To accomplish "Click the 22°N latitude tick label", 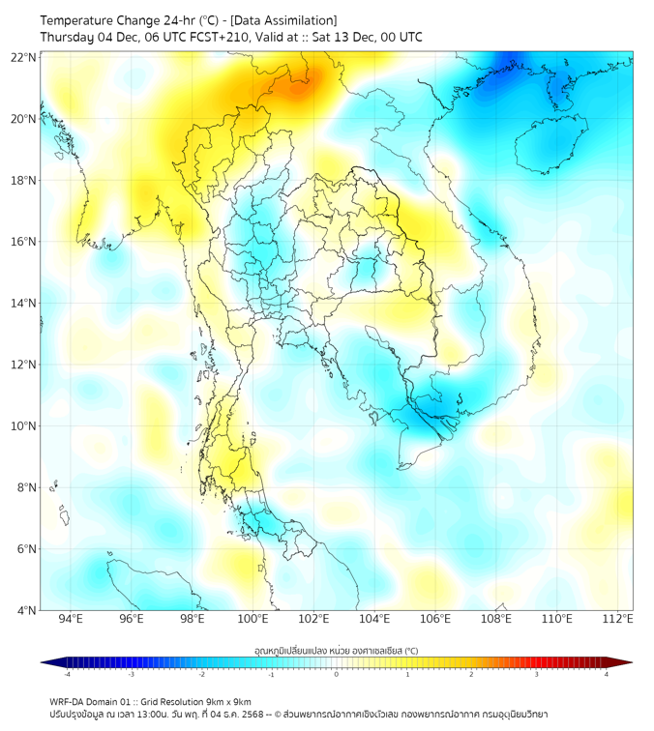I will click(24, 57).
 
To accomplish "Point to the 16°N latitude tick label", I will click(24, 242).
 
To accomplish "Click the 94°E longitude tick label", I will click(71, 620).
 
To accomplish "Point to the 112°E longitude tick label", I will click(617, 620).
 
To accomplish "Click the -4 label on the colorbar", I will click(66, 674).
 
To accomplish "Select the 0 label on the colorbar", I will click(337, 674).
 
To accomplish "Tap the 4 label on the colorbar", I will click(607, 674).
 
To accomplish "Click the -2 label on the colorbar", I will click(201, 674).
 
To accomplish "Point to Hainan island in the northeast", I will click(552, 145).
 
